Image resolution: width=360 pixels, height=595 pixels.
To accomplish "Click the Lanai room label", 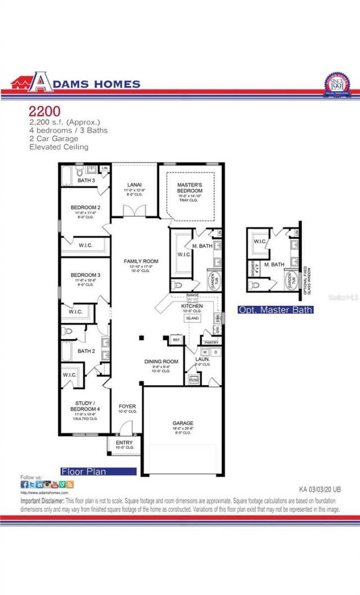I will pos(134,185).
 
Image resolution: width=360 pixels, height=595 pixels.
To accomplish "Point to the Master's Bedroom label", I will pos(190,188).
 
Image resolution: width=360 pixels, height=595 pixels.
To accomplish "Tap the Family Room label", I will pos(141,262).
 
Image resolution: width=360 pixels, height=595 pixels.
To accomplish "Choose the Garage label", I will pos(183,423).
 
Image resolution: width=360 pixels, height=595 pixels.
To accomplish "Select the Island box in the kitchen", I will pos(193,318).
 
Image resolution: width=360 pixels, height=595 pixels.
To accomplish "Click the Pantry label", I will pos(211,342).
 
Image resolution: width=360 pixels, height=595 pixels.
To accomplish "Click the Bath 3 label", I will pos(86,181).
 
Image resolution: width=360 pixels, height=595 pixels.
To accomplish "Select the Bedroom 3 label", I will pos(85,275).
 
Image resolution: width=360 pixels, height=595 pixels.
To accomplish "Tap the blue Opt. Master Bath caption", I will pos(275,310).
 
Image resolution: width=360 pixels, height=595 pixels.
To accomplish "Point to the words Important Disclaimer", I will pos(42,501).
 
